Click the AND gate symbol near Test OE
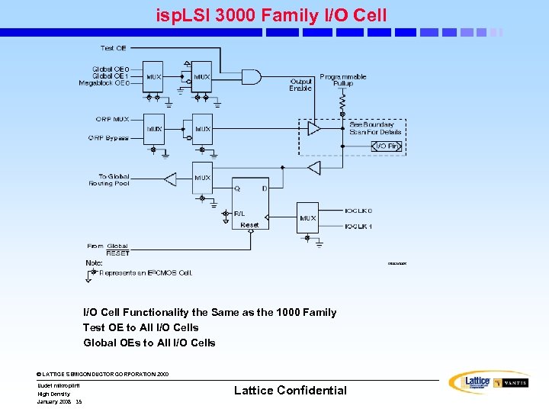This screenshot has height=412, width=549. tap(250, 76)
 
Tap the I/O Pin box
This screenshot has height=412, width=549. tap(386, 146)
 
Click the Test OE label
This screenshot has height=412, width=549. tap(114, 48)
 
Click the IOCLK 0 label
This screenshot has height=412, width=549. tap(358, 210)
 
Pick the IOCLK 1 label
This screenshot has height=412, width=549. tap(358, 226)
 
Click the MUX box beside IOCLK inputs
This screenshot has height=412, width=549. tap(307, 218)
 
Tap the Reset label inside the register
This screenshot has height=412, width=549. tap(249, 225)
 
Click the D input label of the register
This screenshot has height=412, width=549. tap(265, 188)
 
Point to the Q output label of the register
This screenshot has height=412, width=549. tap(237, 188)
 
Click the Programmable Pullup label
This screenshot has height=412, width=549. tap(342, 80)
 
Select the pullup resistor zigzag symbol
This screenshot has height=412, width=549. tap(342, 100)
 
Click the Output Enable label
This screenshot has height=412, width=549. tap(300, 84)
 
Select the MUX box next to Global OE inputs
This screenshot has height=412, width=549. tap(154, 77)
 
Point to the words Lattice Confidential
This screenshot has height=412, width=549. tap(290, 390)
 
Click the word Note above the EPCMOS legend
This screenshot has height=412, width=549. tap(95, 262)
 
